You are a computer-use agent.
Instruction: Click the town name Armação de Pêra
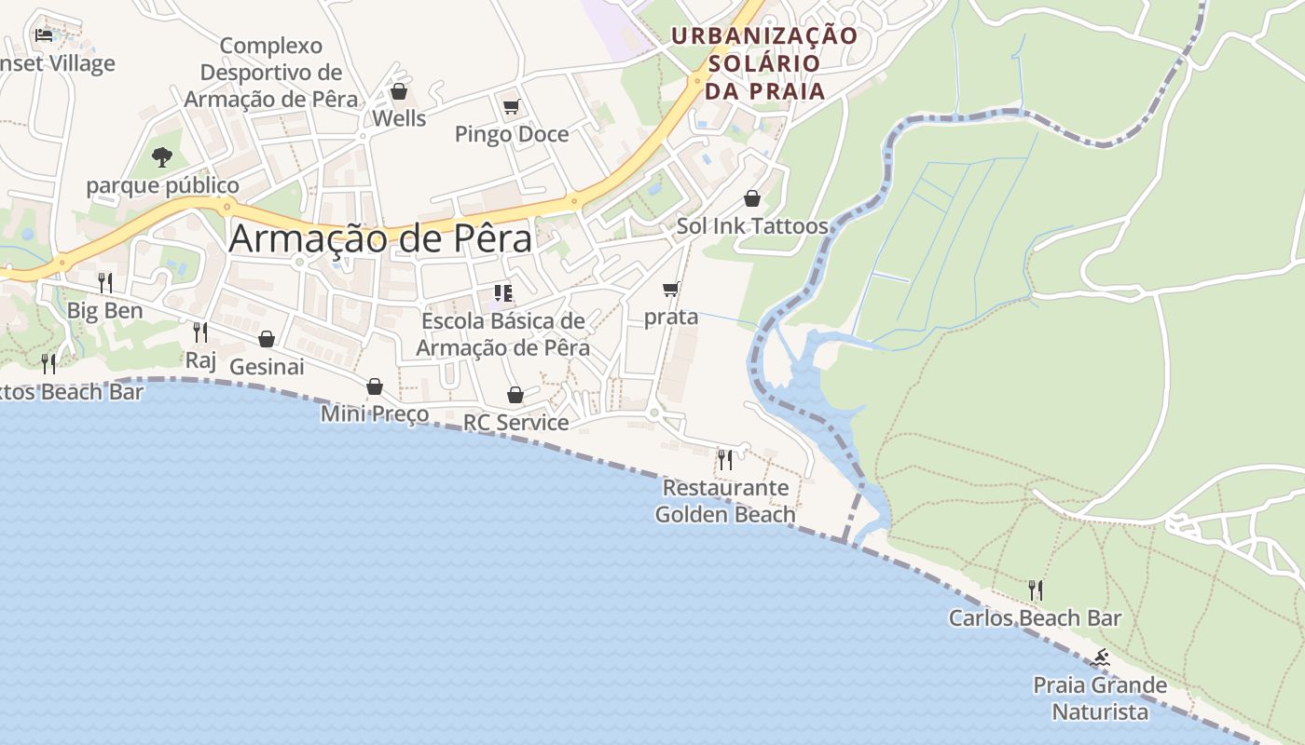pyautogui.click(x=380, y=238)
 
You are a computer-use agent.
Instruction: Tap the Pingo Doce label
pyautogui.click(x=511, y=134)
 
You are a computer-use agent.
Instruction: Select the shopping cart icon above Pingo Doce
pyautogui.click(x=511, y=107)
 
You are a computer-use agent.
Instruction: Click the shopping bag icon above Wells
pyautogui.click(x=399, y=91)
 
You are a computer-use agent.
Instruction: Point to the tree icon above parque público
pyautogui.click(x=162, y=156)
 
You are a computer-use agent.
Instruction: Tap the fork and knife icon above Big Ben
pyautogui.click(x=105, y=282)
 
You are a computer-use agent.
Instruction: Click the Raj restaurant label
pyautogui.click(x=200, y=359)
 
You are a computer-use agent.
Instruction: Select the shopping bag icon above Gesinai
pyautogui.click(x=267, y=339)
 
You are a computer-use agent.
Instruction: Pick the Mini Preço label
pyautogui.click(x=375, y=413)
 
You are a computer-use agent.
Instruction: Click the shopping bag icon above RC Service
pyautogui.click(x=515, y=395)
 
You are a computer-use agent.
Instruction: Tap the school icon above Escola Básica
pyautogui.click(x=503, y=294)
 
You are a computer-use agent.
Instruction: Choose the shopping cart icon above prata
pyautogui.click(x=671, y=290)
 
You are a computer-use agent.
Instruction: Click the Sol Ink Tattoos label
pyautogui.click(x=752, y=226)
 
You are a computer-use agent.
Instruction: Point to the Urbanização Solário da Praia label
pyautogui.click(x=764, y=63)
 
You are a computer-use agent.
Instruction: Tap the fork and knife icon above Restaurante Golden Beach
pyautogui.click(x=724, y=459)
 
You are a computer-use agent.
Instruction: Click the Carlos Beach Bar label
pyautogui.click(x=1035, y=617)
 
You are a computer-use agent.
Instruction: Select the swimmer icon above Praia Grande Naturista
pyautogui.click(x=1102, y=658)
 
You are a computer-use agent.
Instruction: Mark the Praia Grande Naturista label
pyautogui.click(x=1100, y=698)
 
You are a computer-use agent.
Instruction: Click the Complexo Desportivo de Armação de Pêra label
pyautogui.click(x=271, y=73)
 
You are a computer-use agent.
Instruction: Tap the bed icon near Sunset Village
pyautogui.click(x=44, y=35)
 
